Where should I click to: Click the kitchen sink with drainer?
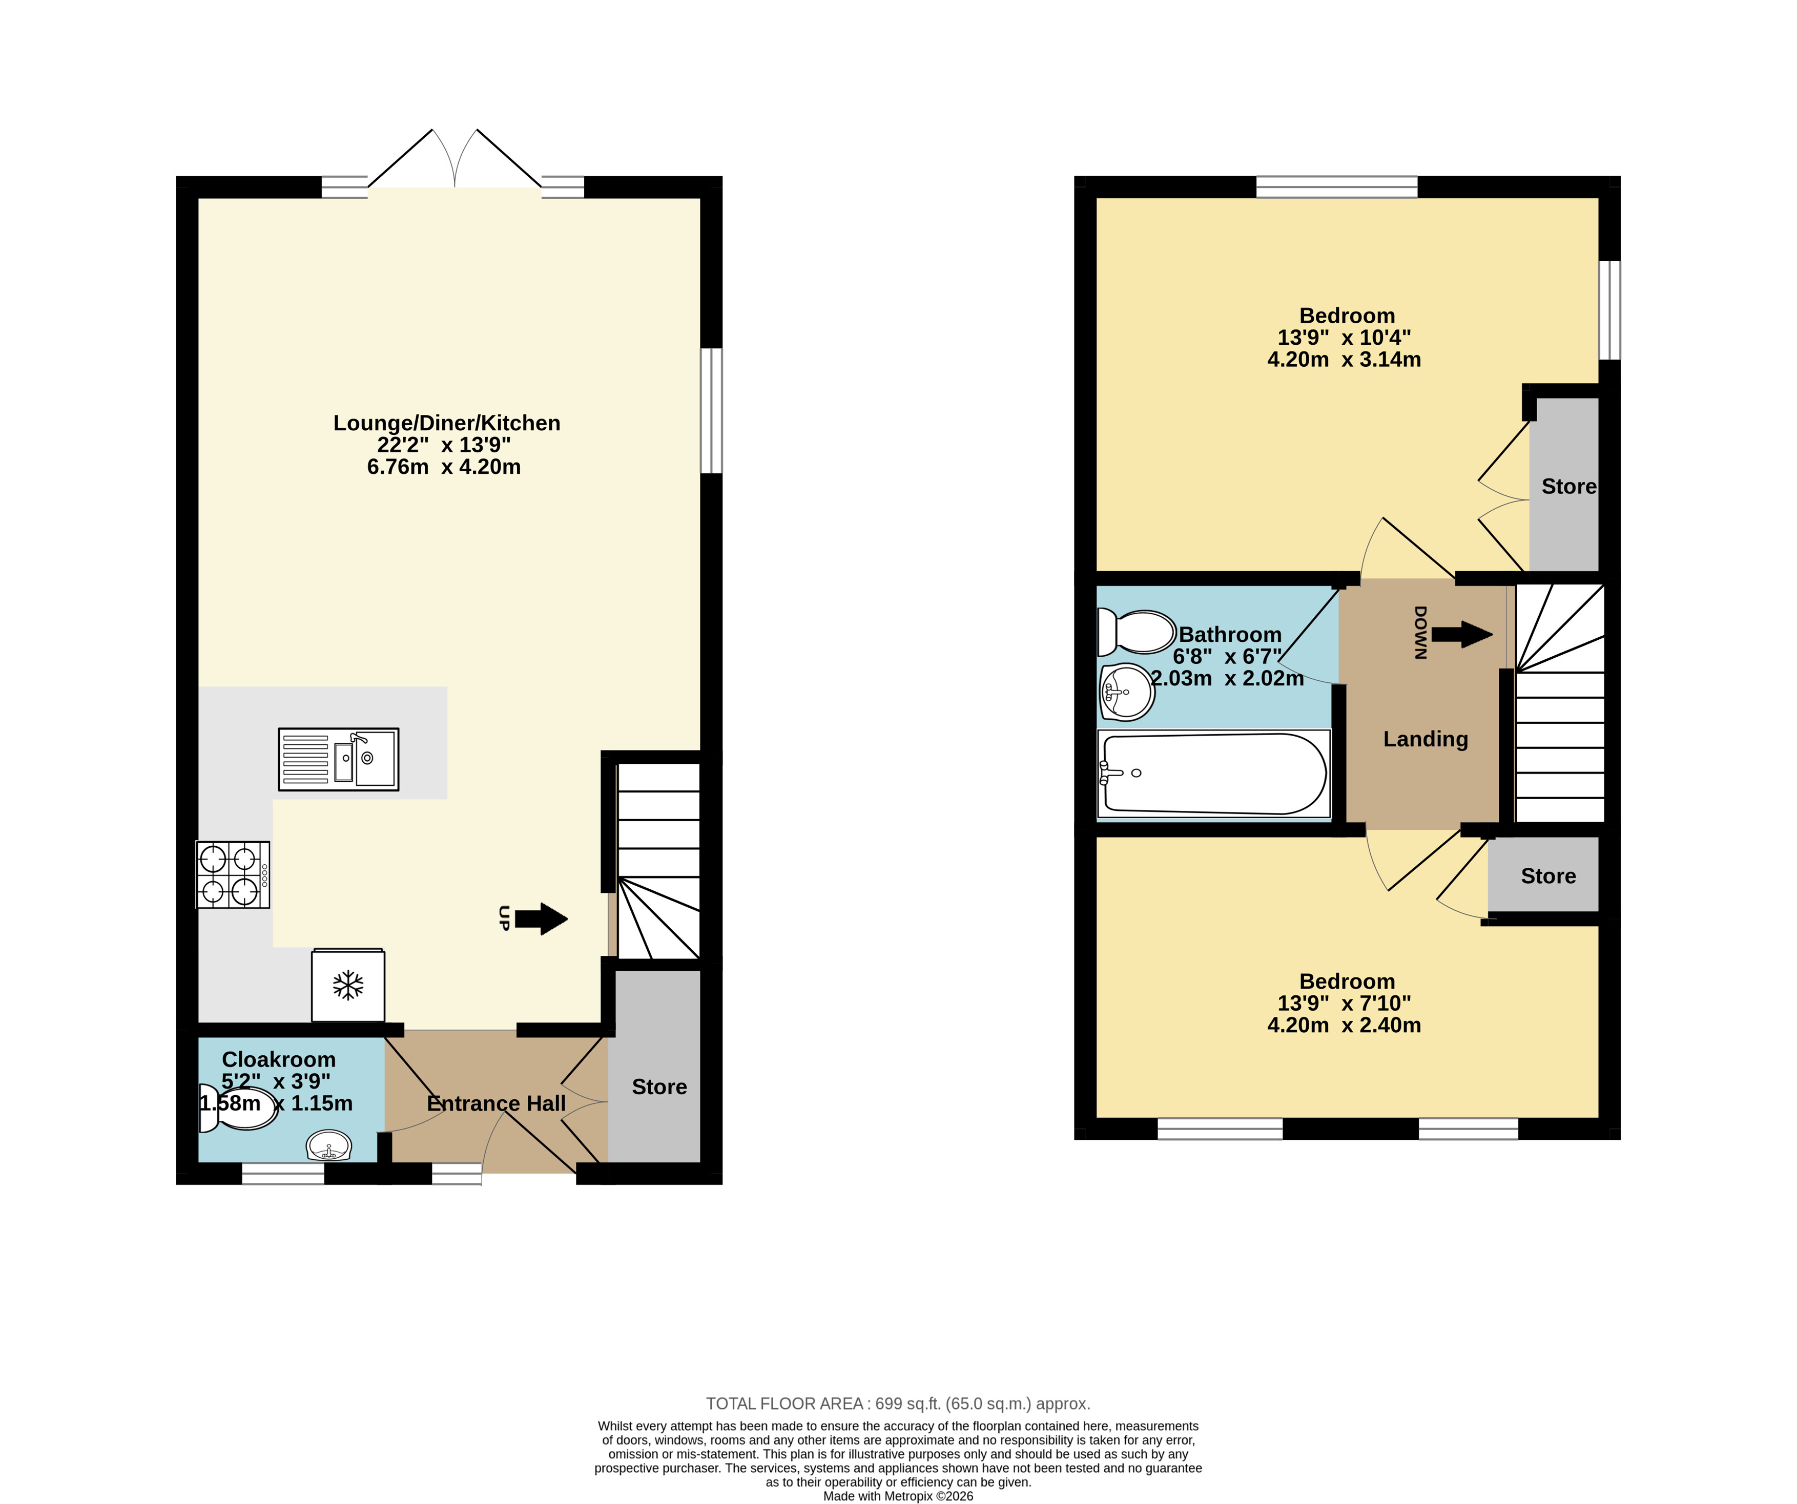pyautogui.click(x=339, y=759)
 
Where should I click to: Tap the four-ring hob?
pyautogui.click(x=233, y=874)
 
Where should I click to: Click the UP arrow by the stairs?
pyautogui.click(x=542, y=919)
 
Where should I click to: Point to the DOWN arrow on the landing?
pyautogui.click(x=1461, y=634)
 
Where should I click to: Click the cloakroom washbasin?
pyautogui.click(x=328, y=1145)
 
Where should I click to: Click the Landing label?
pyautogui.click(x=1426, y=739)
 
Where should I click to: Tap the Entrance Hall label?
pyautogui.click(x=497, y=1103)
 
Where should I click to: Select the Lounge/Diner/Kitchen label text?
pyautogui.click(x=447, y=423)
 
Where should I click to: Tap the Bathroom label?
pyautogui.click(x=1230, y=634)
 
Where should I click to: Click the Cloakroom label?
pyautogui.click(x=278, y=1059)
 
